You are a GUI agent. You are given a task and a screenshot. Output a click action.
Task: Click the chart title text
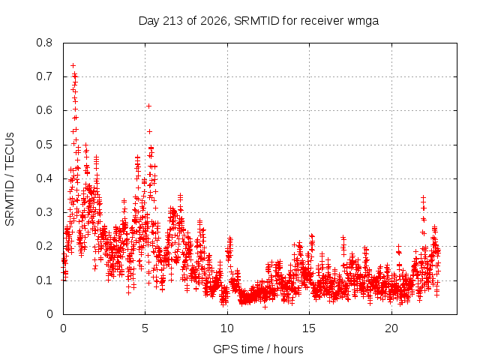259,21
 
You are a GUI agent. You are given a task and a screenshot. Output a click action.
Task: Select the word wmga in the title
363,22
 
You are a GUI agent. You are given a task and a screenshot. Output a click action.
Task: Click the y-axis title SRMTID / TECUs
10,179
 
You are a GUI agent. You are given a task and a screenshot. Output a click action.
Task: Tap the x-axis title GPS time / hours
258,349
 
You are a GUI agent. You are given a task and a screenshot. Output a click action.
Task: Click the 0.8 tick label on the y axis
44,43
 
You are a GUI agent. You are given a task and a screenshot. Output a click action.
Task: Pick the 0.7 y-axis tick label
44,76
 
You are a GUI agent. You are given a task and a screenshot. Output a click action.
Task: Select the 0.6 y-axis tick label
44,110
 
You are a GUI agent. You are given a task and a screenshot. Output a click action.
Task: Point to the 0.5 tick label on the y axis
44,145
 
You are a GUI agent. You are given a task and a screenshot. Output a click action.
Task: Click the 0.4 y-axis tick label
44,178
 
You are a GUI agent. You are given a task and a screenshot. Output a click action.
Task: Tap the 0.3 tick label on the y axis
44,212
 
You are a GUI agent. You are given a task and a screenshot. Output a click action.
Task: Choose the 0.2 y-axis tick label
44,246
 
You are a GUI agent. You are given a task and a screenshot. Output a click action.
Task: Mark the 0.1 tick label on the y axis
44,280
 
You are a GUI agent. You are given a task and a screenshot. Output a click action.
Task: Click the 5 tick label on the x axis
145,328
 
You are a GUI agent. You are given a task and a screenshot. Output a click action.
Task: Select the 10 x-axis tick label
227,328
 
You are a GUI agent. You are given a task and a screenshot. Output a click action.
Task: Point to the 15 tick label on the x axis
309,328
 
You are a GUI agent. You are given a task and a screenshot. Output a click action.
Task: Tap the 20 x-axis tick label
391,328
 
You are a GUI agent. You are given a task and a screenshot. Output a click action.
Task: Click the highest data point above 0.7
73,65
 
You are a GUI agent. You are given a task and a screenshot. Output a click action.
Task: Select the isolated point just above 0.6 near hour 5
148,106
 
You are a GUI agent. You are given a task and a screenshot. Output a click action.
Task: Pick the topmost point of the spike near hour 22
423,198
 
